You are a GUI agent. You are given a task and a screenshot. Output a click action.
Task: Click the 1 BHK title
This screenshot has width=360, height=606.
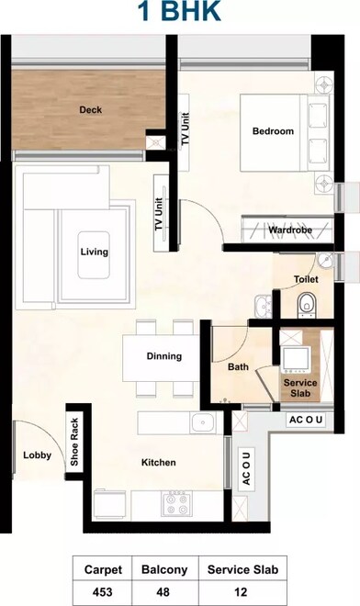click(179, 13)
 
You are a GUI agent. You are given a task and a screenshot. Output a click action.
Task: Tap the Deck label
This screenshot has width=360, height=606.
click(90, 110)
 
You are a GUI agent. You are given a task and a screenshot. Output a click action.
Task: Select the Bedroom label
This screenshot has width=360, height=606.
click(273, 131)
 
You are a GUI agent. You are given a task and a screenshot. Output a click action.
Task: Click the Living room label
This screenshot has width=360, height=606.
click(94, 252)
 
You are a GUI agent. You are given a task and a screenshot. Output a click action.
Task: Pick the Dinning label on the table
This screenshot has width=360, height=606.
click(164, 356)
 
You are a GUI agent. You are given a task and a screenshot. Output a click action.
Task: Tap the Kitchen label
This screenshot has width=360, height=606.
click(158, 463)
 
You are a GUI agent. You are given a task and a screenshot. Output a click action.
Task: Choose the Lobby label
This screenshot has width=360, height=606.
click(38, 454)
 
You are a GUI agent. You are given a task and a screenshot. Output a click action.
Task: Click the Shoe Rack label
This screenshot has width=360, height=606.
click(74, 443)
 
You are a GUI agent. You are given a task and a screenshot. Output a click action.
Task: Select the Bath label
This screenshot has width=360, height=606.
click(239, 367)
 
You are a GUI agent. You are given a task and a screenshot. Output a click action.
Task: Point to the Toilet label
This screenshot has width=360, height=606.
click(306, 278)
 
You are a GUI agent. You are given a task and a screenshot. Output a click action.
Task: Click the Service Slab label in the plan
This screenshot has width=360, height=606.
click(299, 387)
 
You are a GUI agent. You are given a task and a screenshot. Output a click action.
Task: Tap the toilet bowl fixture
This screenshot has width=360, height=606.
click(308, 302)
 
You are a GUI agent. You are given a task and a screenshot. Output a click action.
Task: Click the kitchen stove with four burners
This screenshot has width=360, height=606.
click(175, 503)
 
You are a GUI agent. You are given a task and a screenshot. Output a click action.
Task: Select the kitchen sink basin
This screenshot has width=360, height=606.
click(203, 423)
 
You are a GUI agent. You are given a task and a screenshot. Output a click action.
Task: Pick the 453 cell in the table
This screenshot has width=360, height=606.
click(101, 592)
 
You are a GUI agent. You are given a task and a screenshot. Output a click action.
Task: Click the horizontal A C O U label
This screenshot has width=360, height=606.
click(306, 421)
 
